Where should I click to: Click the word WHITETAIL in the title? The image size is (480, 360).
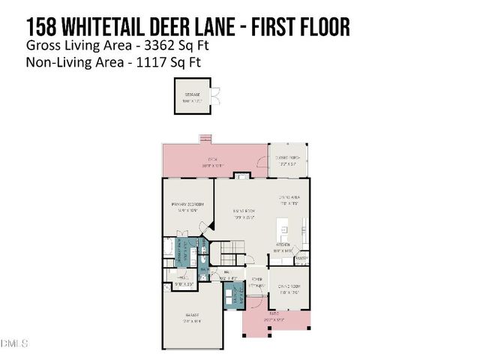(x=119, y=28)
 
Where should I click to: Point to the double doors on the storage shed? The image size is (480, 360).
(x=214, y=96)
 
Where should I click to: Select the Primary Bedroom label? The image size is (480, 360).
(x=188, y=207)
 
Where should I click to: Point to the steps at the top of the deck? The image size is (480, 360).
(x=203, y=137)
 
